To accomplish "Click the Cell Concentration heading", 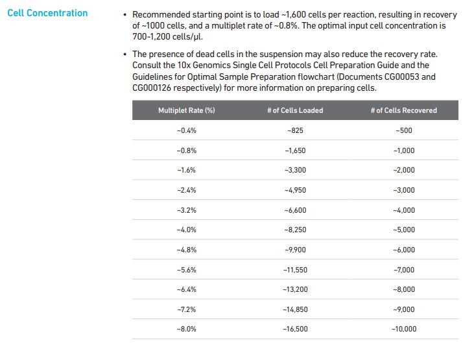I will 47,13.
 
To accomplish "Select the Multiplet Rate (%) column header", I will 187,110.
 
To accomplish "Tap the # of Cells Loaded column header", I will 295,110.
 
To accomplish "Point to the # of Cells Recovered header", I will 403,110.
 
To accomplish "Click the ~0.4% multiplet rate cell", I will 187,130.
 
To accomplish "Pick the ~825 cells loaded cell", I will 295,130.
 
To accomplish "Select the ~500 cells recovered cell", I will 403,130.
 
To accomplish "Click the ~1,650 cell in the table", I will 295,150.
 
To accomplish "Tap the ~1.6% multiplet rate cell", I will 187,170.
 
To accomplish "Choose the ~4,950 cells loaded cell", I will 295,190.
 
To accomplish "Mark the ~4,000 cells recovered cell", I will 403,210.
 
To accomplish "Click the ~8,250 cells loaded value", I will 295,230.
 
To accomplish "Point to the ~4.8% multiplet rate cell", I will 187,250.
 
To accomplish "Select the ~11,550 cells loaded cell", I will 295,270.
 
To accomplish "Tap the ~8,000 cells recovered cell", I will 403,289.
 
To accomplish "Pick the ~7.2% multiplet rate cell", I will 187,309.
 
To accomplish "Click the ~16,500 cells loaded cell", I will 295,330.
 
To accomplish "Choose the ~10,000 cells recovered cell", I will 403,330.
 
